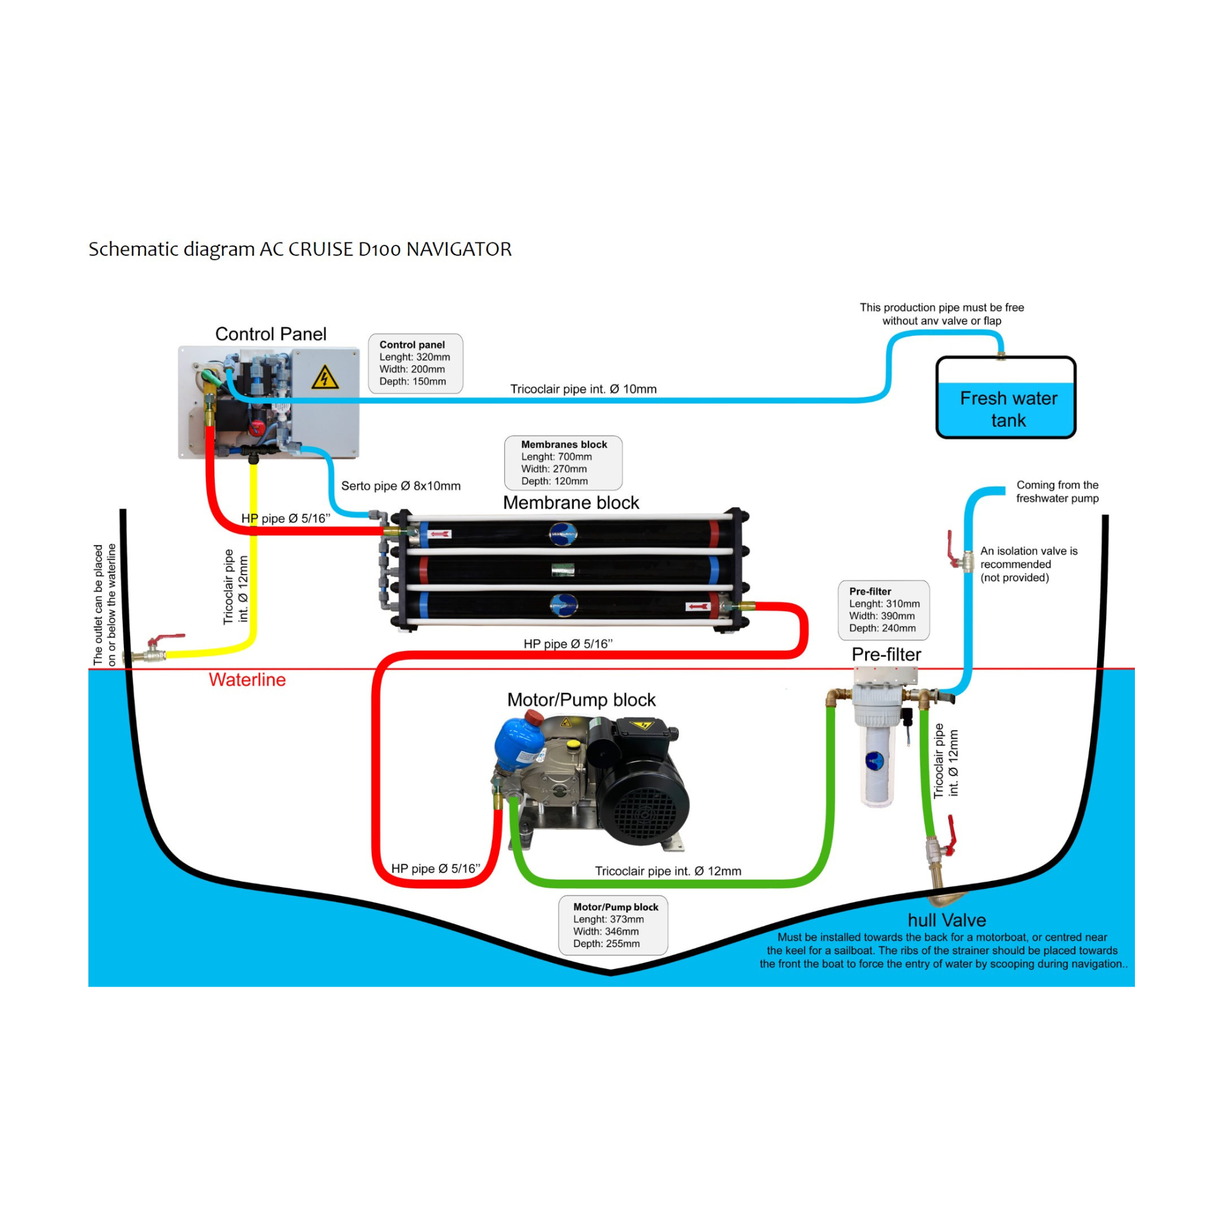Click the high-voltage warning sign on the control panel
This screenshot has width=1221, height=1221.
pyautogui.click(x=325, y=377)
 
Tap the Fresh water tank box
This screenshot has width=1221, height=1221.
pyautogui.click(x=1005, y=397)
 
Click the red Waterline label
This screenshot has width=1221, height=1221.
pyautogui.click(x=247, y=679)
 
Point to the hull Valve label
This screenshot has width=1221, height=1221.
pyautogui.click(x=946, y=920)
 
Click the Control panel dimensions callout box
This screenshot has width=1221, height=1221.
pyautogui.click(x=415, y=363)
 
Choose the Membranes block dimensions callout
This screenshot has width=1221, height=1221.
pyautogui.click(x=563, y=463)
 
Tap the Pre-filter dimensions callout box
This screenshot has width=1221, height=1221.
pyautogui.click(x=883, y=610)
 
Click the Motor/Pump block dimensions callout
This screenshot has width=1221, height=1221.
pyautogui.click(x=612, y=924)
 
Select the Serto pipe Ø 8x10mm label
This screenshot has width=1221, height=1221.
pyautogui.click(x=400, y=486)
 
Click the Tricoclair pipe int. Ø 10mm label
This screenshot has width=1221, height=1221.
pyautogui.click(x=582, y=389)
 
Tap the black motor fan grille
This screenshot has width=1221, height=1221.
pyautogui.click(x=643, y=814)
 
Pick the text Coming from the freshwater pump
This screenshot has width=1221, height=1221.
pyautogui.click(x=1057, y=491)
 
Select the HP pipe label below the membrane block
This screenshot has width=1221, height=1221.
pyautogui.click(x=568, y=644)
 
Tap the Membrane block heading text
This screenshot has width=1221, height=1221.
pyautogui.click(x=571, y=502)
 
